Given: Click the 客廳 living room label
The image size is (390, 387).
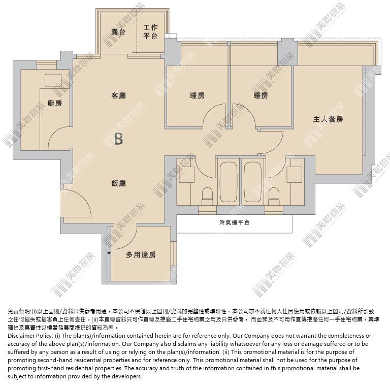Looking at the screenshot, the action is [118, 95].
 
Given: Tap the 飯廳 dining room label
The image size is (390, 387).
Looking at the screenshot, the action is [118, 183].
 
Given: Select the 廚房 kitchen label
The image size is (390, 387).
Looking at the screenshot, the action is [55, 103].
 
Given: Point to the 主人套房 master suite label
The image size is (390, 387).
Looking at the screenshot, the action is [328, 119].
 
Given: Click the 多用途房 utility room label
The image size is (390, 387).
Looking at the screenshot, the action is [141, 254].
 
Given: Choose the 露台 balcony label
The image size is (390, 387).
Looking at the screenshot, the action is [118, 32].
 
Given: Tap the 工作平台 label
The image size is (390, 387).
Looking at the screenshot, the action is [150, 31].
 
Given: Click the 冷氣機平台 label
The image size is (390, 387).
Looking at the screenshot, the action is [234, 222].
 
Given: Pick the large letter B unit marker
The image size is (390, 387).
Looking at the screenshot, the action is [119, 139].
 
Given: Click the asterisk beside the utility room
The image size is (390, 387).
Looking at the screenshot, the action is [109, 253].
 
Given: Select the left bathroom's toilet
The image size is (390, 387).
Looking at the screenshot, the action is [207, 196].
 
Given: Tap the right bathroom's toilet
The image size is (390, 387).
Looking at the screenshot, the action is [274, 196].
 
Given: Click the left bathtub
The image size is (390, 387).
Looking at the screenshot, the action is [229, 182].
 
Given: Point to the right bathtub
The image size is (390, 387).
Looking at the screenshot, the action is [252, 182].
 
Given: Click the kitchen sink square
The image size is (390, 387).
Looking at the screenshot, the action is [53, 80].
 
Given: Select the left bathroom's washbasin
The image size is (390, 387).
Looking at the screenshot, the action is [186, 175].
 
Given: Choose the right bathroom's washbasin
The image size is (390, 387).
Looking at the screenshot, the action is [295, 175].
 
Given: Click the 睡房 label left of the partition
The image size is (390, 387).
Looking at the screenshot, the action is [197, 95].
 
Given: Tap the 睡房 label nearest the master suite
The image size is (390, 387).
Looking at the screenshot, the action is [261, 95].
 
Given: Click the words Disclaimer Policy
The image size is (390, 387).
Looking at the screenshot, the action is [30, 336].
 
